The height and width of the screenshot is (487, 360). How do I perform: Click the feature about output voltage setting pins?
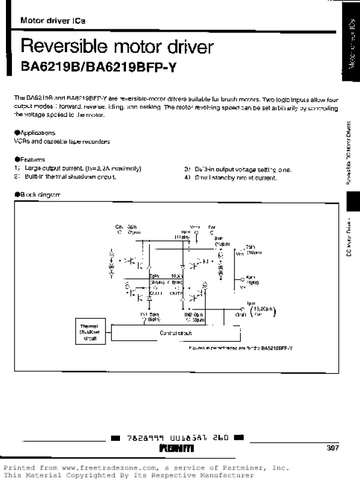point(240,169)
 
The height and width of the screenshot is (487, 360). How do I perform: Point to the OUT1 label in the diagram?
point(157,293)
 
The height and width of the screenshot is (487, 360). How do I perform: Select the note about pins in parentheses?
point(240,348)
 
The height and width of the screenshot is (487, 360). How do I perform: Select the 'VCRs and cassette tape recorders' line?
point(62,142)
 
